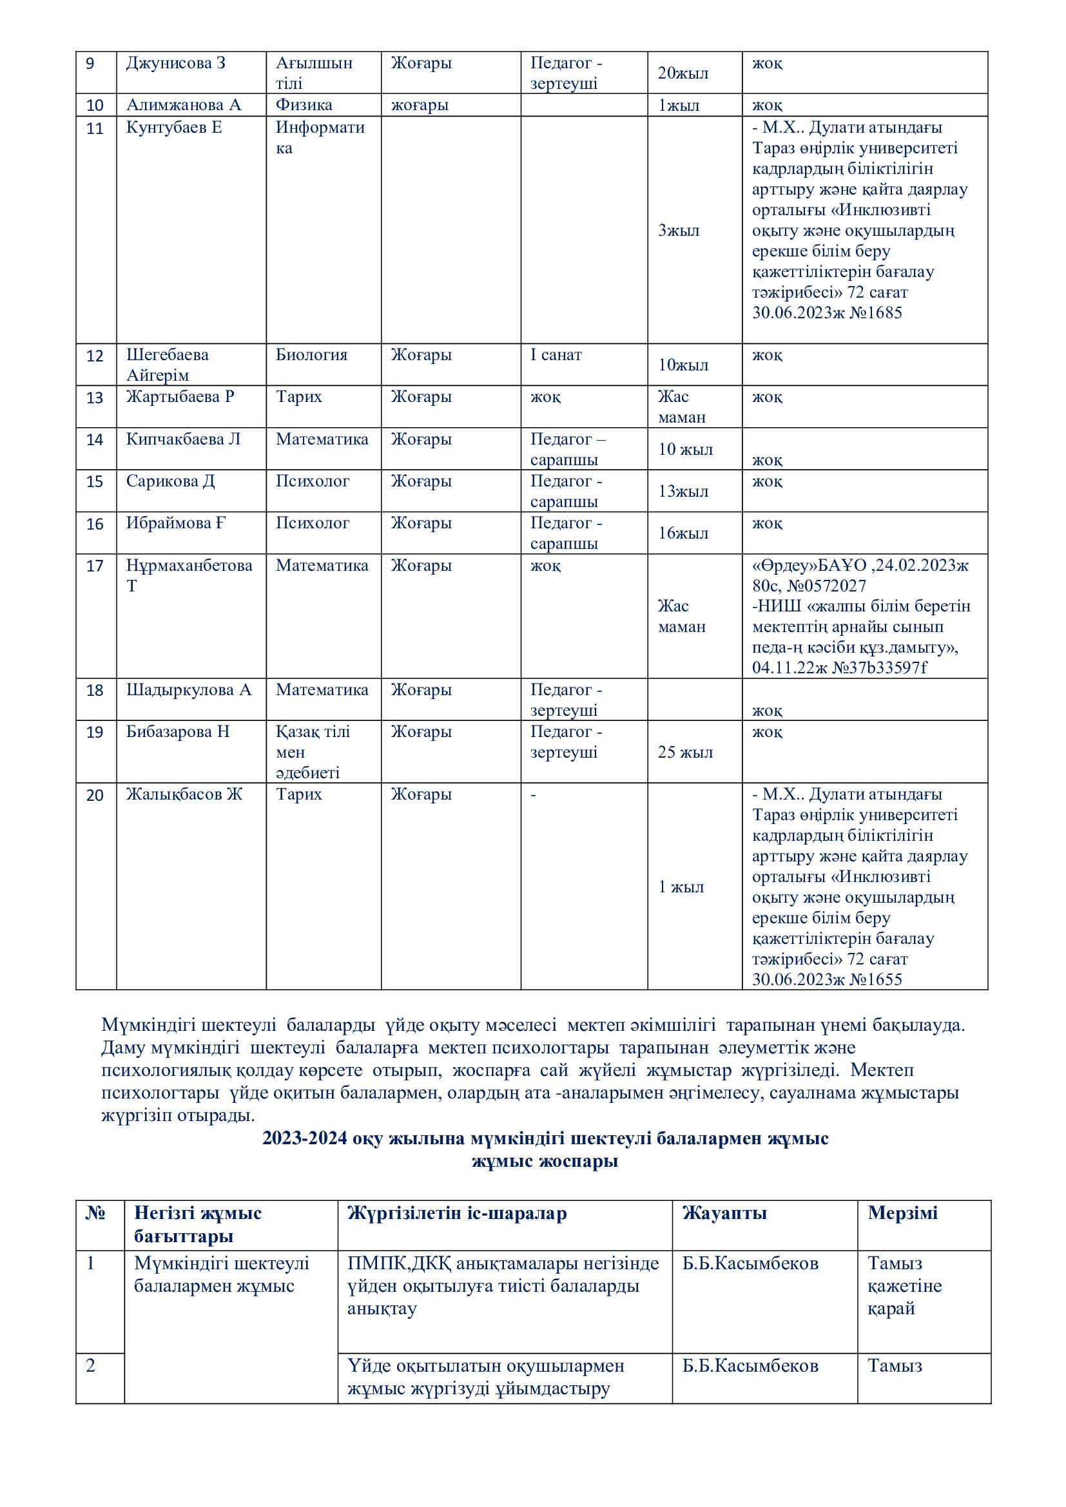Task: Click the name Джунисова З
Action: pos(175,64)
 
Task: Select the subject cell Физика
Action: pos(304,105)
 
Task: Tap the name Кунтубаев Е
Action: pos(174,128)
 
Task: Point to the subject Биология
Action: pos(311,355)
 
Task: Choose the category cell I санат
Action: pos(556,355)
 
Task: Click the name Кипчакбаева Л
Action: pos(183,439)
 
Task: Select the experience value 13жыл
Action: pos(683,492)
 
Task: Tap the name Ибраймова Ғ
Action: pos(176,523)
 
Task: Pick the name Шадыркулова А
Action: pos(188,690)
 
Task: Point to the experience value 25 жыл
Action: pos(684,752)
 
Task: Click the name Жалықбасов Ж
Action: pos(184,794)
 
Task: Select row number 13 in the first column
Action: pos(95,398)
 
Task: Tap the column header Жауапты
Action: pos(724,1213)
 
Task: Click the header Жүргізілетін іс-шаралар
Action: pos(457,1213)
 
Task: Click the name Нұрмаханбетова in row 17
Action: pos(189,565)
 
